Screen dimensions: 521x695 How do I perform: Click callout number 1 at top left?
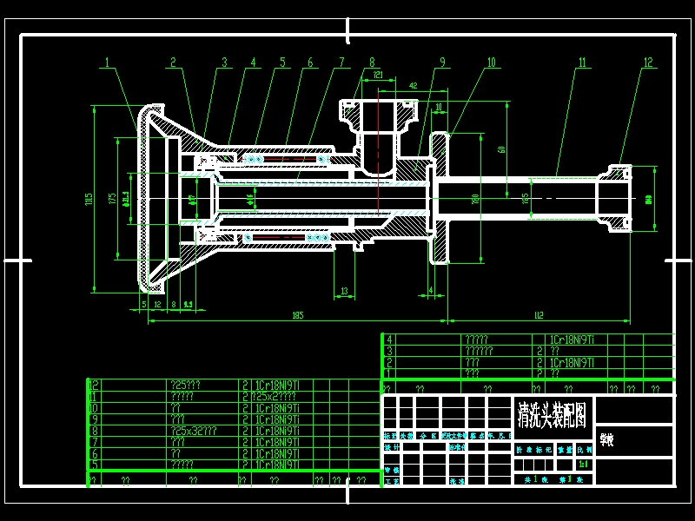[x=108, y=62]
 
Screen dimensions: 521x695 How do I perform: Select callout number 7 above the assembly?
[x=341, y=62]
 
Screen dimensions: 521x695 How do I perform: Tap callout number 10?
[x=491, y=62]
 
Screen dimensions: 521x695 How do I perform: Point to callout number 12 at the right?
[x=647, y=62]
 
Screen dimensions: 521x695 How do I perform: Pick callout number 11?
[x=581, y=62]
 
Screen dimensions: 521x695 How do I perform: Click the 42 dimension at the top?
[x=413, y=86]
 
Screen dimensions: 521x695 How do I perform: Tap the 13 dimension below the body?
[x=345, y=291]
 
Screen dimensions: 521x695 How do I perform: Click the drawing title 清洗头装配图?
[x=552, y=410]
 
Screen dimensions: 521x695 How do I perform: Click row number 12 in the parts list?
[x=95, y=384]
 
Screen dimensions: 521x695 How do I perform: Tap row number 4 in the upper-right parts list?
[x=390, y=340]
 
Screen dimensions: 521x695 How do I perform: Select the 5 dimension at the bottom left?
[x=143, y=304]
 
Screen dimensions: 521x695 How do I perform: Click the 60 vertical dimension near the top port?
[x=501, y=149]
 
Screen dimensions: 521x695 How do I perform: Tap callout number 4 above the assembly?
[x=254, y=62]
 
